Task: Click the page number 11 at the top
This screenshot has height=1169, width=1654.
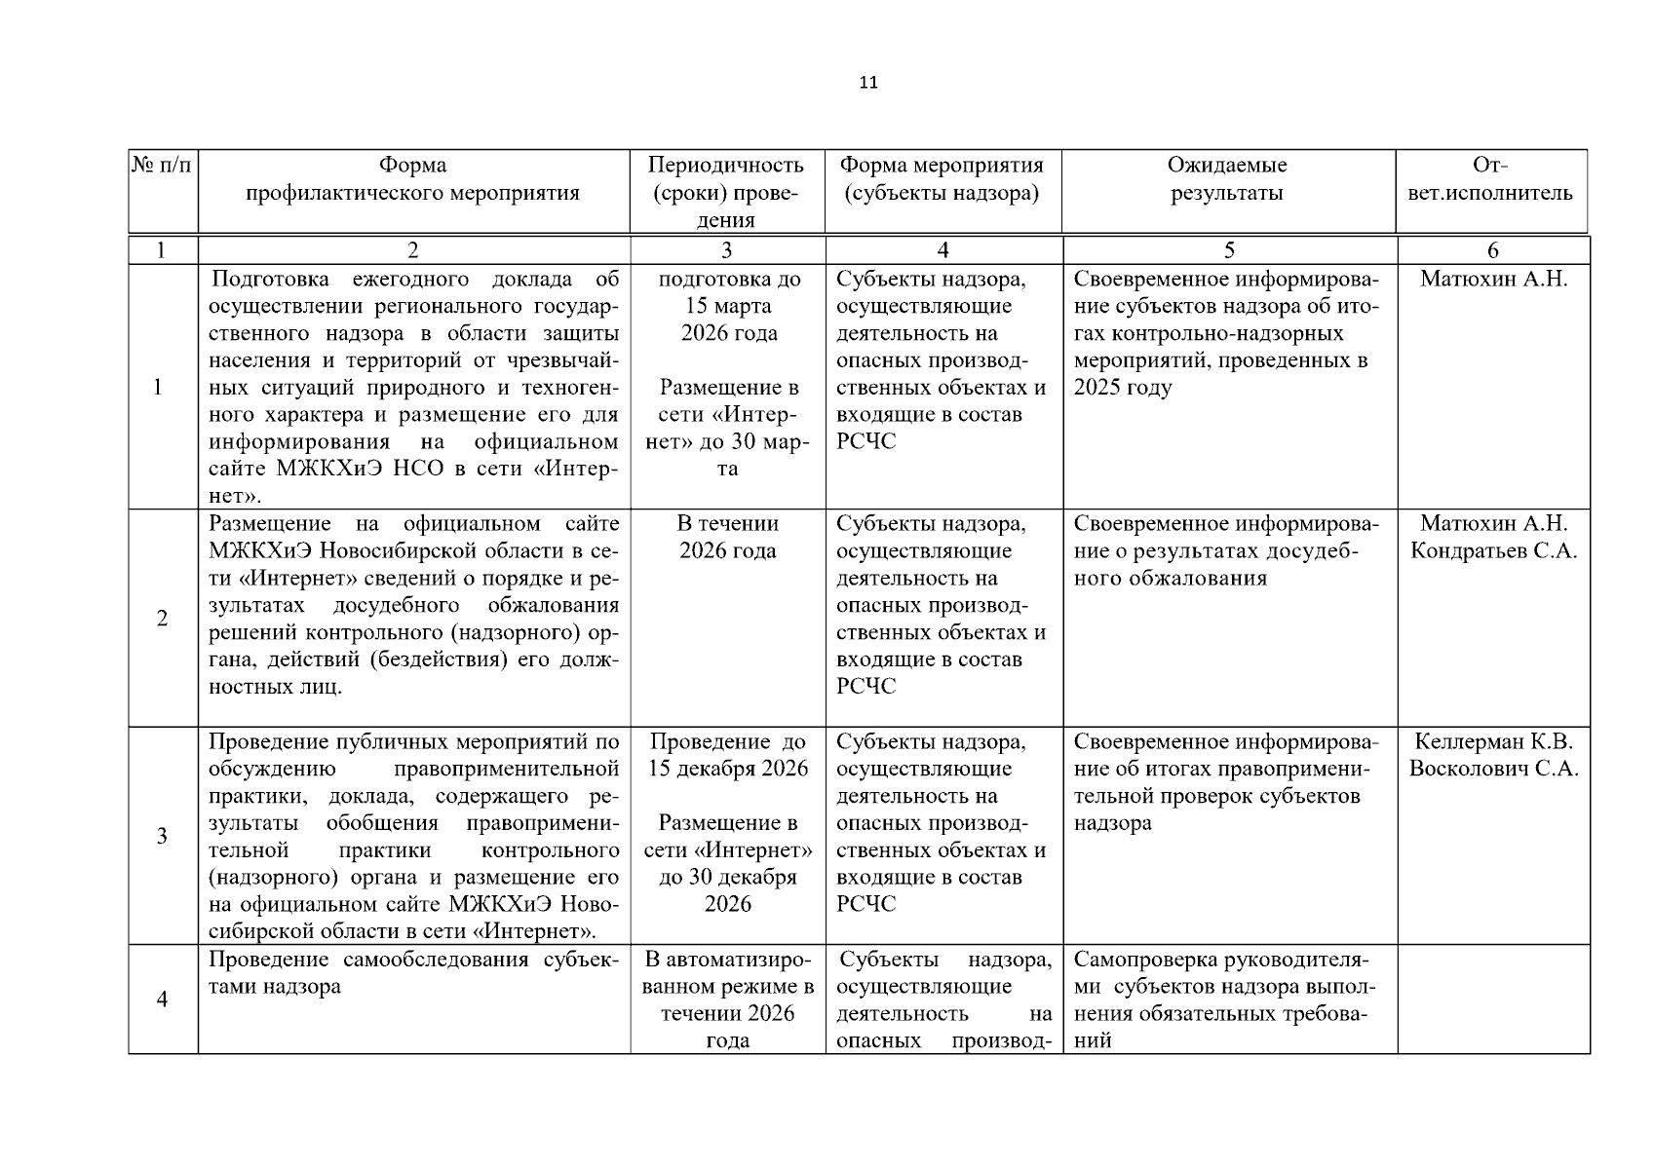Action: point(868,83)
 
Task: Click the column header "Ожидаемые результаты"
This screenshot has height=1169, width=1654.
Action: point(1227,179)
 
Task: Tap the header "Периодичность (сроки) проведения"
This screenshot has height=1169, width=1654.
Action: point(726,192)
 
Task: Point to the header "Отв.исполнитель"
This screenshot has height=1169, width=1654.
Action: point(1492,179)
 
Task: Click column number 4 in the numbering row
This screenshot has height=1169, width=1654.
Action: point(942,250)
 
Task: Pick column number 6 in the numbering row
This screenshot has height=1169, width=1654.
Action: point(1492,250)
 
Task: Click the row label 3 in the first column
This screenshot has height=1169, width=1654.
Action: point(162,836)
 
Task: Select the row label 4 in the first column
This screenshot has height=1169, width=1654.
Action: point(162,999)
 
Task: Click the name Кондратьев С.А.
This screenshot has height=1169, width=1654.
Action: point(1493,551)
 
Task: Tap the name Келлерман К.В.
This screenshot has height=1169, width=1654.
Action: point(1493,742)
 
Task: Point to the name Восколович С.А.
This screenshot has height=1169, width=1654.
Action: point(1493,770)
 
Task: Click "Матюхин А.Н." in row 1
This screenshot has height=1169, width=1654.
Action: point(1493,280)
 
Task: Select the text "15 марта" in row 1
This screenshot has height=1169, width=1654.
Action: point(728,307)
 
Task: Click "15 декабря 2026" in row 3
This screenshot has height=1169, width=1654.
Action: point(728,770)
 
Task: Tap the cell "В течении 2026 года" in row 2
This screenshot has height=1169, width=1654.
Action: point(728,538)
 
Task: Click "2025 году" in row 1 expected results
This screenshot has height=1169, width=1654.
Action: point(1123,388)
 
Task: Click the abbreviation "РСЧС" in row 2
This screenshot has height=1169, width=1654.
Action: point(865,687)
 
